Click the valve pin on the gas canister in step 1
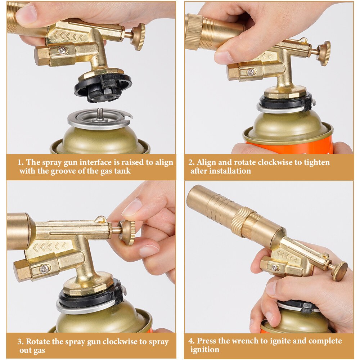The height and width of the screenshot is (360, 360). point(99,113)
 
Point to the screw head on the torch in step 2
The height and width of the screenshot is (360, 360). point(251,72)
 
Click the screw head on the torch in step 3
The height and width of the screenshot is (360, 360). point(44,269)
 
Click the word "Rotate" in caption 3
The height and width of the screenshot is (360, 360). point(38,342)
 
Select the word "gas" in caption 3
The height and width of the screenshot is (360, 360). point(39,351)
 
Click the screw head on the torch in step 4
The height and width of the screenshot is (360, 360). point(275,267)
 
